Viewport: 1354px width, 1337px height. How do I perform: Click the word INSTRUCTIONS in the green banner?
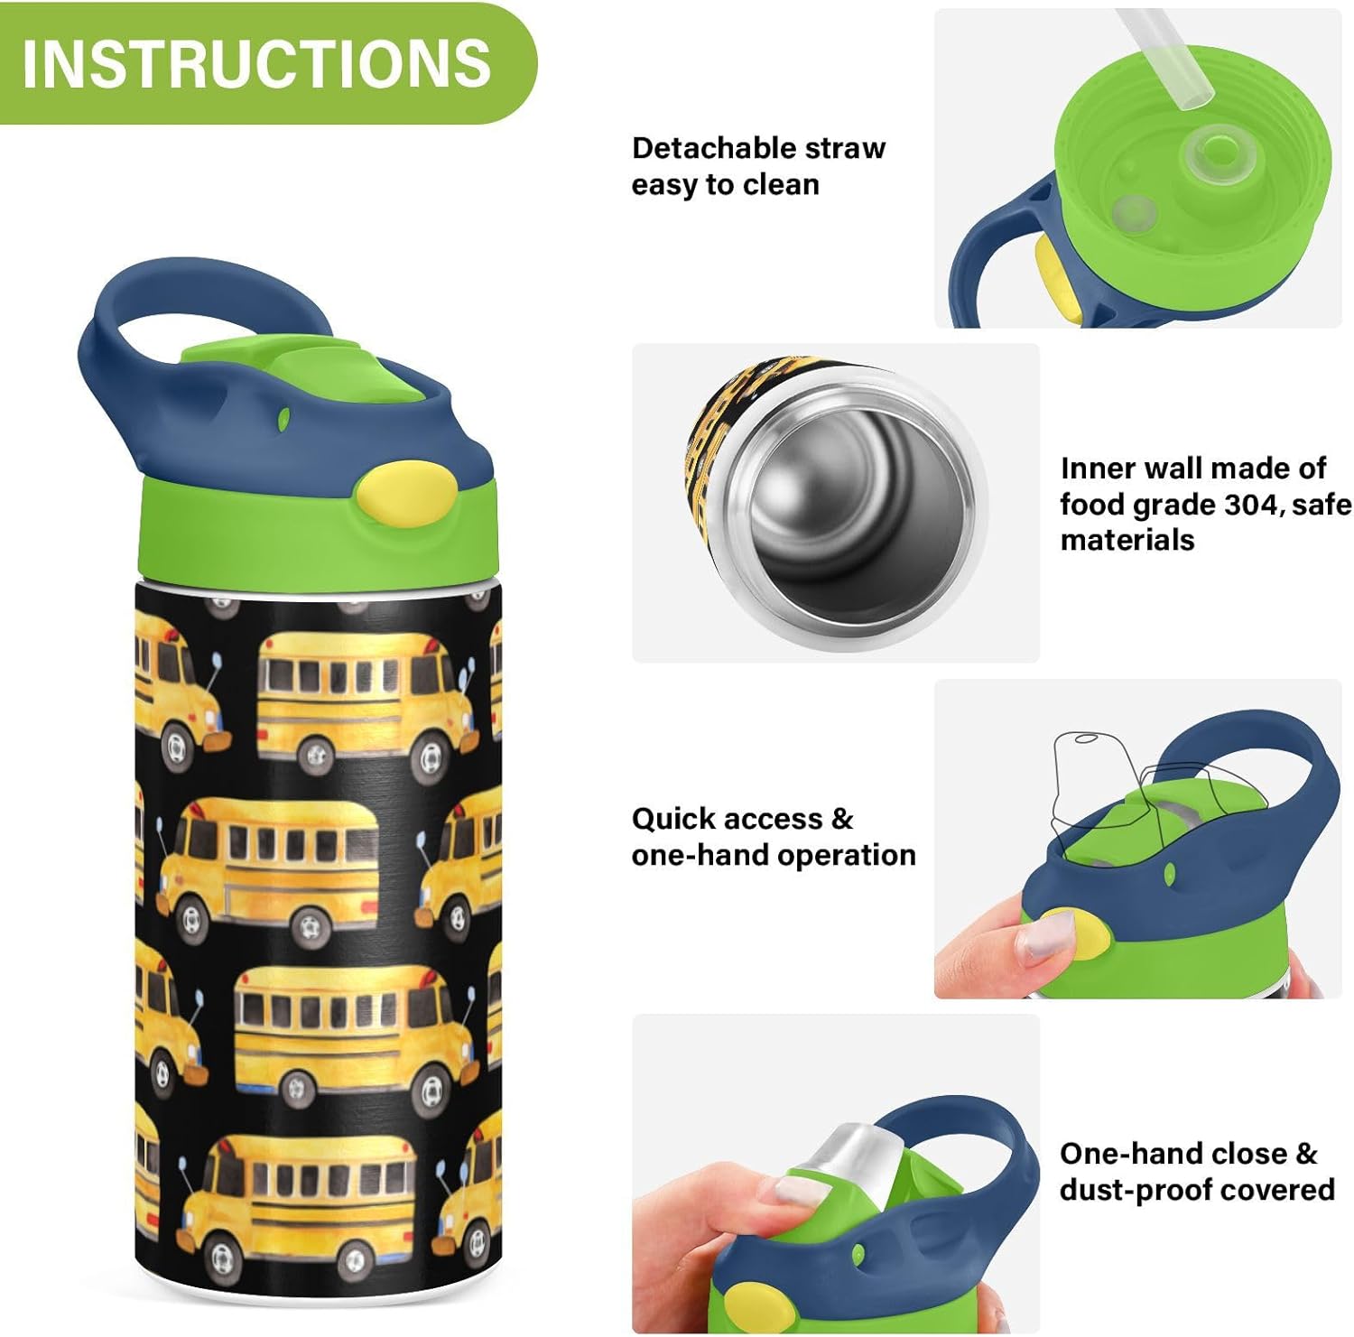pos(256,63)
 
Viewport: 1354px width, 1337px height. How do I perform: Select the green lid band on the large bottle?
pos(271,542)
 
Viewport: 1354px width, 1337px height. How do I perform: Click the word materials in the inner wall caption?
pos(1127,540)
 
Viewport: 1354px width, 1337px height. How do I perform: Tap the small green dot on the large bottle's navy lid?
pos(283,419)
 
